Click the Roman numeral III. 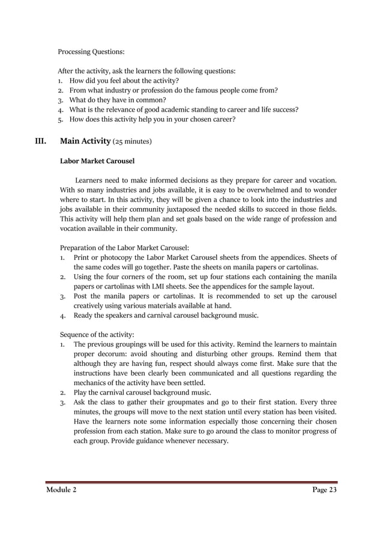click(x=41, y=142)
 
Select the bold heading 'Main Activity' click(x=85, y=142)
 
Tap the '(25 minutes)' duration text click(x=133, y=142)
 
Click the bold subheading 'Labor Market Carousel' click(x=97, y=161)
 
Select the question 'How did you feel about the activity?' click(x=124, y=80)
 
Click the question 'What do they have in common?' click(x=118, y=100)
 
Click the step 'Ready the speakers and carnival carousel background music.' click(x=166, y=315)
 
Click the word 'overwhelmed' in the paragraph click(x=261, y=190)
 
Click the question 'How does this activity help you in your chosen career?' click(x=152, y=119)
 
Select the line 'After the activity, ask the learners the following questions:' click(x=146, y=71)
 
